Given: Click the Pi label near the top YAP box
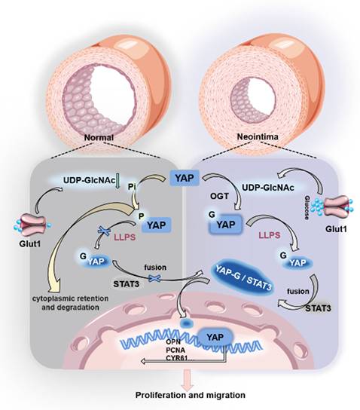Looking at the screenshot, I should click(x=153, y=185).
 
